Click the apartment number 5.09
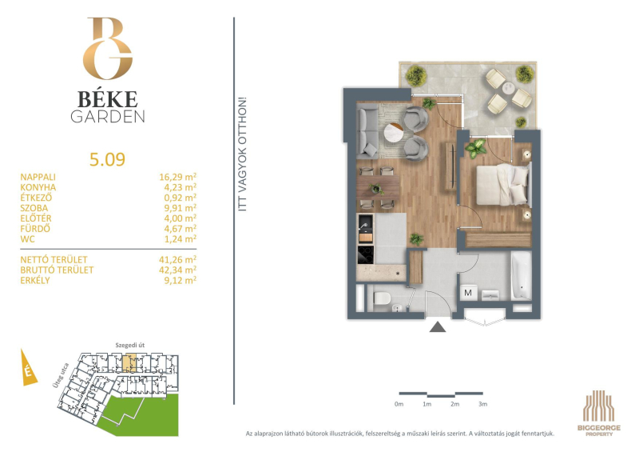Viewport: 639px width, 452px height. [x=107, y=159]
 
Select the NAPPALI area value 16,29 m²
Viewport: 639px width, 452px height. [x=177, y=177]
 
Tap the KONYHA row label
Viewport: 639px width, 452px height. [x=38, y=187]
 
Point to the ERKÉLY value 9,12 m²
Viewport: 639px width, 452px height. [x=181, y=280]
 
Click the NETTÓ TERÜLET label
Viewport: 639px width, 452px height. [x=54, y=260]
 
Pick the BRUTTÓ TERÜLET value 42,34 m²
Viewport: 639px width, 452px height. [x=177, y=270]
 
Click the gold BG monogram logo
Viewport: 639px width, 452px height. [x=108, y=48]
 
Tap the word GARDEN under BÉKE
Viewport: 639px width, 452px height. [x=108, y=117]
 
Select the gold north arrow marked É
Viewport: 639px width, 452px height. [x=29, y=367]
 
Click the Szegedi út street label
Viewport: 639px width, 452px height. [x=130, y=345]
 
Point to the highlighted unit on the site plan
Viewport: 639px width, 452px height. [x=129, y=363]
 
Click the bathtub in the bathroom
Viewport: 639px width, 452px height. [x=522, y=276]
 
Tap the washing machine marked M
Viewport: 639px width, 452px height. [x=468, y=293]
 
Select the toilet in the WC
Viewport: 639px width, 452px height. [x=382, y=298]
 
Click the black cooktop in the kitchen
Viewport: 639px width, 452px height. [x=366, y=254]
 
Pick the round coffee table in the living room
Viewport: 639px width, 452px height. [x=394, y=132]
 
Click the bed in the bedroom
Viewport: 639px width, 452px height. [x=504, y=185]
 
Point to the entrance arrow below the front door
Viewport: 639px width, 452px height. [x=438, y=326]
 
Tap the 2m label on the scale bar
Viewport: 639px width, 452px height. [x=454, y=404]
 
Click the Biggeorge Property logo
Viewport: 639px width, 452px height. [x=598, y=413]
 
